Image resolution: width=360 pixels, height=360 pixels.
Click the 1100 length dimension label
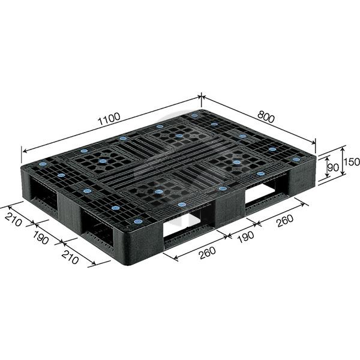(x=109, y=119)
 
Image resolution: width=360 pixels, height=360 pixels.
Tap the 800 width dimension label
(x=266, y=117)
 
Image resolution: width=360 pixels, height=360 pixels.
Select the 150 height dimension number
(x=352, y=162)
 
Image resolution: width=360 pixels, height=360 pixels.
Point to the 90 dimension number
(x=333, y=168)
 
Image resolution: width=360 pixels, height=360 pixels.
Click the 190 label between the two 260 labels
(x=245, y=237)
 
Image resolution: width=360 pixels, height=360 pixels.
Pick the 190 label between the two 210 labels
(x=41, y=238)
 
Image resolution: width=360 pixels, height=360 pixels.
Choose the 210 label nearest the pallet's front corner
(x=70, y=257)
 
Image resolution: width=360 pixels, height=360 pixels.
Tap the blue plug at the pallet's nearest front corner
(x=138, y=221)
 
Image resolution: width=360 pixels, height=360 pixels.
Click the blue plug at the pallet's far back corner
(x=194, y=115)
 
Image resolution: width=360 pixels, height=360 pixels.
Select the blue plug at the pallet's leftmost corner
(x=43, y=164)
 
